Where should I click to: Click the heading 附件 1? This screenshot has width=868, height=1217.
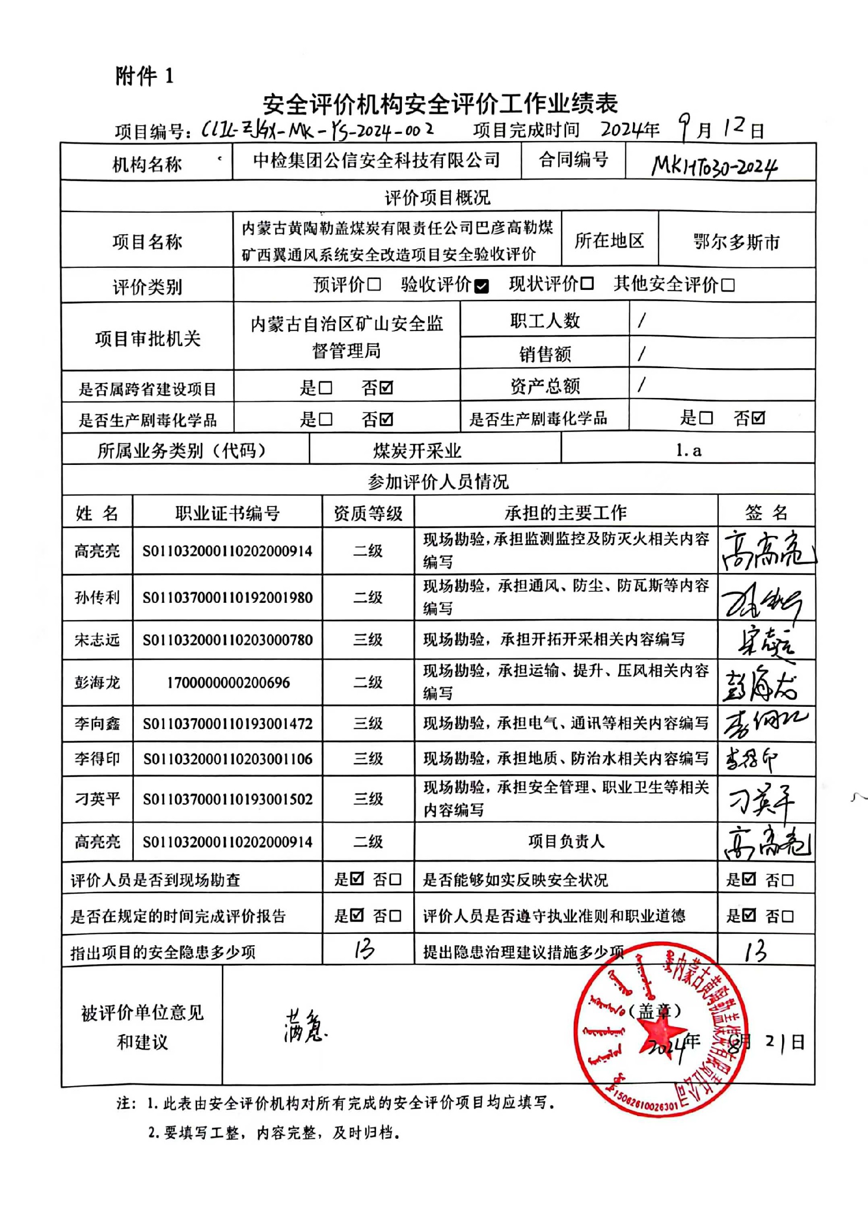point(144,76)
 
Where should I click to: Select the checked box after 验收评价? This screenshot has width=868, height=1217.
point(481,287)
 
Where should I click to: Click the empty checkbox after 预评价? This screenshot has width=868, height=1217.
point(374,284)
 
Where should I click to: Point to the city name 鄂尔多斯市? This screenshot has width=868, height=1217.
point(736,242)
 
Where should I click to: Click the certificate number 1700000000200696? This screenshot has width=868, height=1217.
point(228,683)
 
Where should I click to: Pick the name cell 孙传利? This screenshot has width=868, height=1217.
point(97,597)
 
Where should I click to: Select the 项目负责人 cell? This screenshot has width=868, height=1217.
point(566,842)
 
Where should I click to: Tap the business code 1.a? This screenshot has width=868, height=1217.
point(689,450)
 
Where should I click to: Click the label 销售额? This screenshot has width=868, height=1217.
point(545,354)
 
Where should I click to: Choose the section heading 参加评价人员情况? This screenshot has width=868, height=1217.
point(438,482)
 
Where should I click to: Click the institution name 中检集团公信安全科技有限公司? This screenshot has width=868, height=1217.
point(376,160)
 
